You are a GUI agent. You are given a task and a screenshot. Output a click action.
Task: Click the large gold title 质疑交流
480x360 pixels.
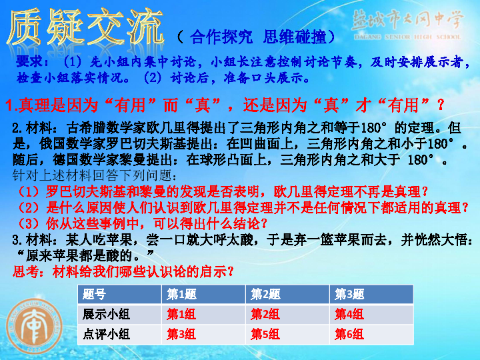[85, 28]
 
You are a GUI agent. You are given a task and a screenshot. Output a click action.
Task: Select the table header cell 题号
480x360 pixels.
[94, 295]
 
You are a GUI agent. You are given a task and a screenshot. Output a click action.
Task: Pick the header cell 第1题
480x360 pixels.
[181, 295]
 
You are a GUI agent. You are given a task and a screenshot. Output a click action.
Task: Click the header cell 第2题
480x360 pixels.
[265, 295]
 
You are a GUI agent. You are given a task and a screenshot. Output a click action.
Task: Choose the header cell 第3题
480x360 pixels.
[349, 295]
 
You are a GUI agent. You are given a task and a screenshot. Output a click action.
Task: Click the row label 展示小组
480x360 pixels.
[106, 314]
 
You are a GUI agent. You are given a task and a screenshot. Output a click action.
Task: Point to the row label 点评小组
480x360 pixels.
[106, 334]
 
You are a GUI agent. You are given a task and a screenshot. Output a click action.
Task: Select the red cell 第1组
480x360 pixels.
[181, 314]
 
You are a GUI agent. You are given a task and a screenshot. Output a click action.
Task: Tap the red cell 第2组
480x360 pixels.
[265, 314]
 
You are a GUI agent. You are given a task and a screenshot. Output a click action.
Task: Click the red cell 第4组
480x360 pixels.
[349, 314]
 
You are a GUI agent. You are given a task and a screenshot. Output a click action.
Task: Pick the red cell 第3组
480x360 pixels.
[181, 334]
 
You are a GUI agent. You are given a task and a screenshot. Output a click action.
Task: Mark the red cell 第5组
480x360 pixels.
[265, 334]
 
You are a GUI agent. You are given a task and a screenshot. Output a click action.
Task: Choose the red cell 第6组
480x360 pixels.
[349, 334]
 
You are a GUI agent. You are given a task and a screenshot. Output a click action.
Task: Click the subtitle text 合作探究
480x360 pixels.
[221, 37]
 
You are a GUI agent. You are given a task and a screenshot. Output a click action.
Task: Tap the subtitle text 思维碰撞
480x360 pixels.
[295, 37]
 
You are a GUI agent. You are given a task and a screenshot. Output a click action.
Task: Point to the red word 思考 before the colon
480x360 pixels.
[25, 271]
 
